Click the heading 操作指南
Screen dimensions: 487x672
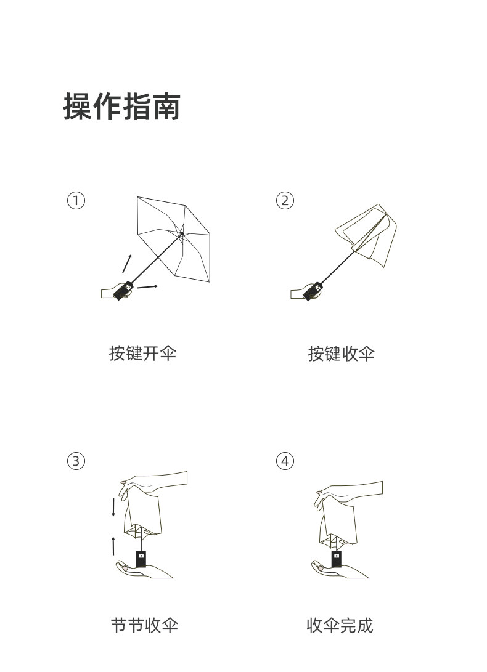click(121, 107)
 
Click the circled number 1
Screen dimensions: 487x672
click(75, 200)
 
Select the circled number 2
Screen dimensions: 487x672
click(285, 200)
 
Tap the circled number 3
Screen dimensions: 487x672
click(75, 461)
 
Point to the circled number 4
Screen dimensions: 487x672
click(285, 461)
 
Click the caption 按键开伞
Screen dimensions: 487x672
click(142, 354)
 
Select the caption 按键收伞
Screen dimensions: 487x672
click(341, 354)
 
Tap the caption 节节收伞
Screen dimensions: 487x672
click(144, 626)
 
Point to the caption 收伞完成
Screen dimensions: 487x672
click(340, 626)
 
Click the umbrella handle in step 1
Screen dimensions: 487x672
click(123, 290)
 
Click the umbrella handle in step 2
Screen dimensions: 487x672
click(313, 291)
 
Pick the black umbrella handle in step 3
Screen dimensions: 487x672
click(141, 559)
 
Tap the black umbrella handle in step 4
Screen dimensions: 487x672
click(337, 559)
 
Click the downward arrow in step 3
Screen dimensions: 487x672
click(113, 508)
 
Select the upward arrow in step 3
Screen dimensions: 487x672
click(113, 545)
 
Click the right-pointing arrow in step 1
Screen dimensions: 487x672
click(147, 286)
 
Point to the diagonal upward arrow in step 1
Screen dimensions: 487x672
click(127, 263)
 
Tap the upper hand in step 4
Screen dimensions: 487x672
click(351, 493)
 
